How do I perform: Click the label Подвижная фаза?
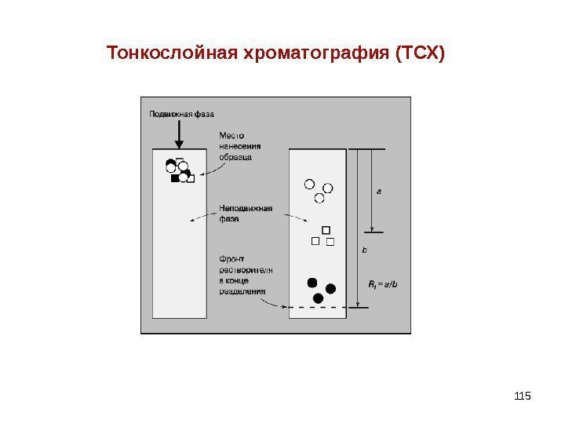181,115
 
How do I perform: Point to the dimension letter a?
378,190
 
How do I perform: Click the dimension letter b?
363,250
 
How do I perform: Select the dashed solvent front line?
318,308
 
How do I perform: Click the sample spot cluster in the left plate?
179,171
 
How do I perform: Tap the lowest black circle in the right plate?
318,298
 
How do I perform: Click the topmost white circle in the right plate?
308,185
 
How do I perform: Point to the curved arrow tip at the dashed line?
284,305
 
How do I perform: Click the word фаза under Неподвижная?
229,219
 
